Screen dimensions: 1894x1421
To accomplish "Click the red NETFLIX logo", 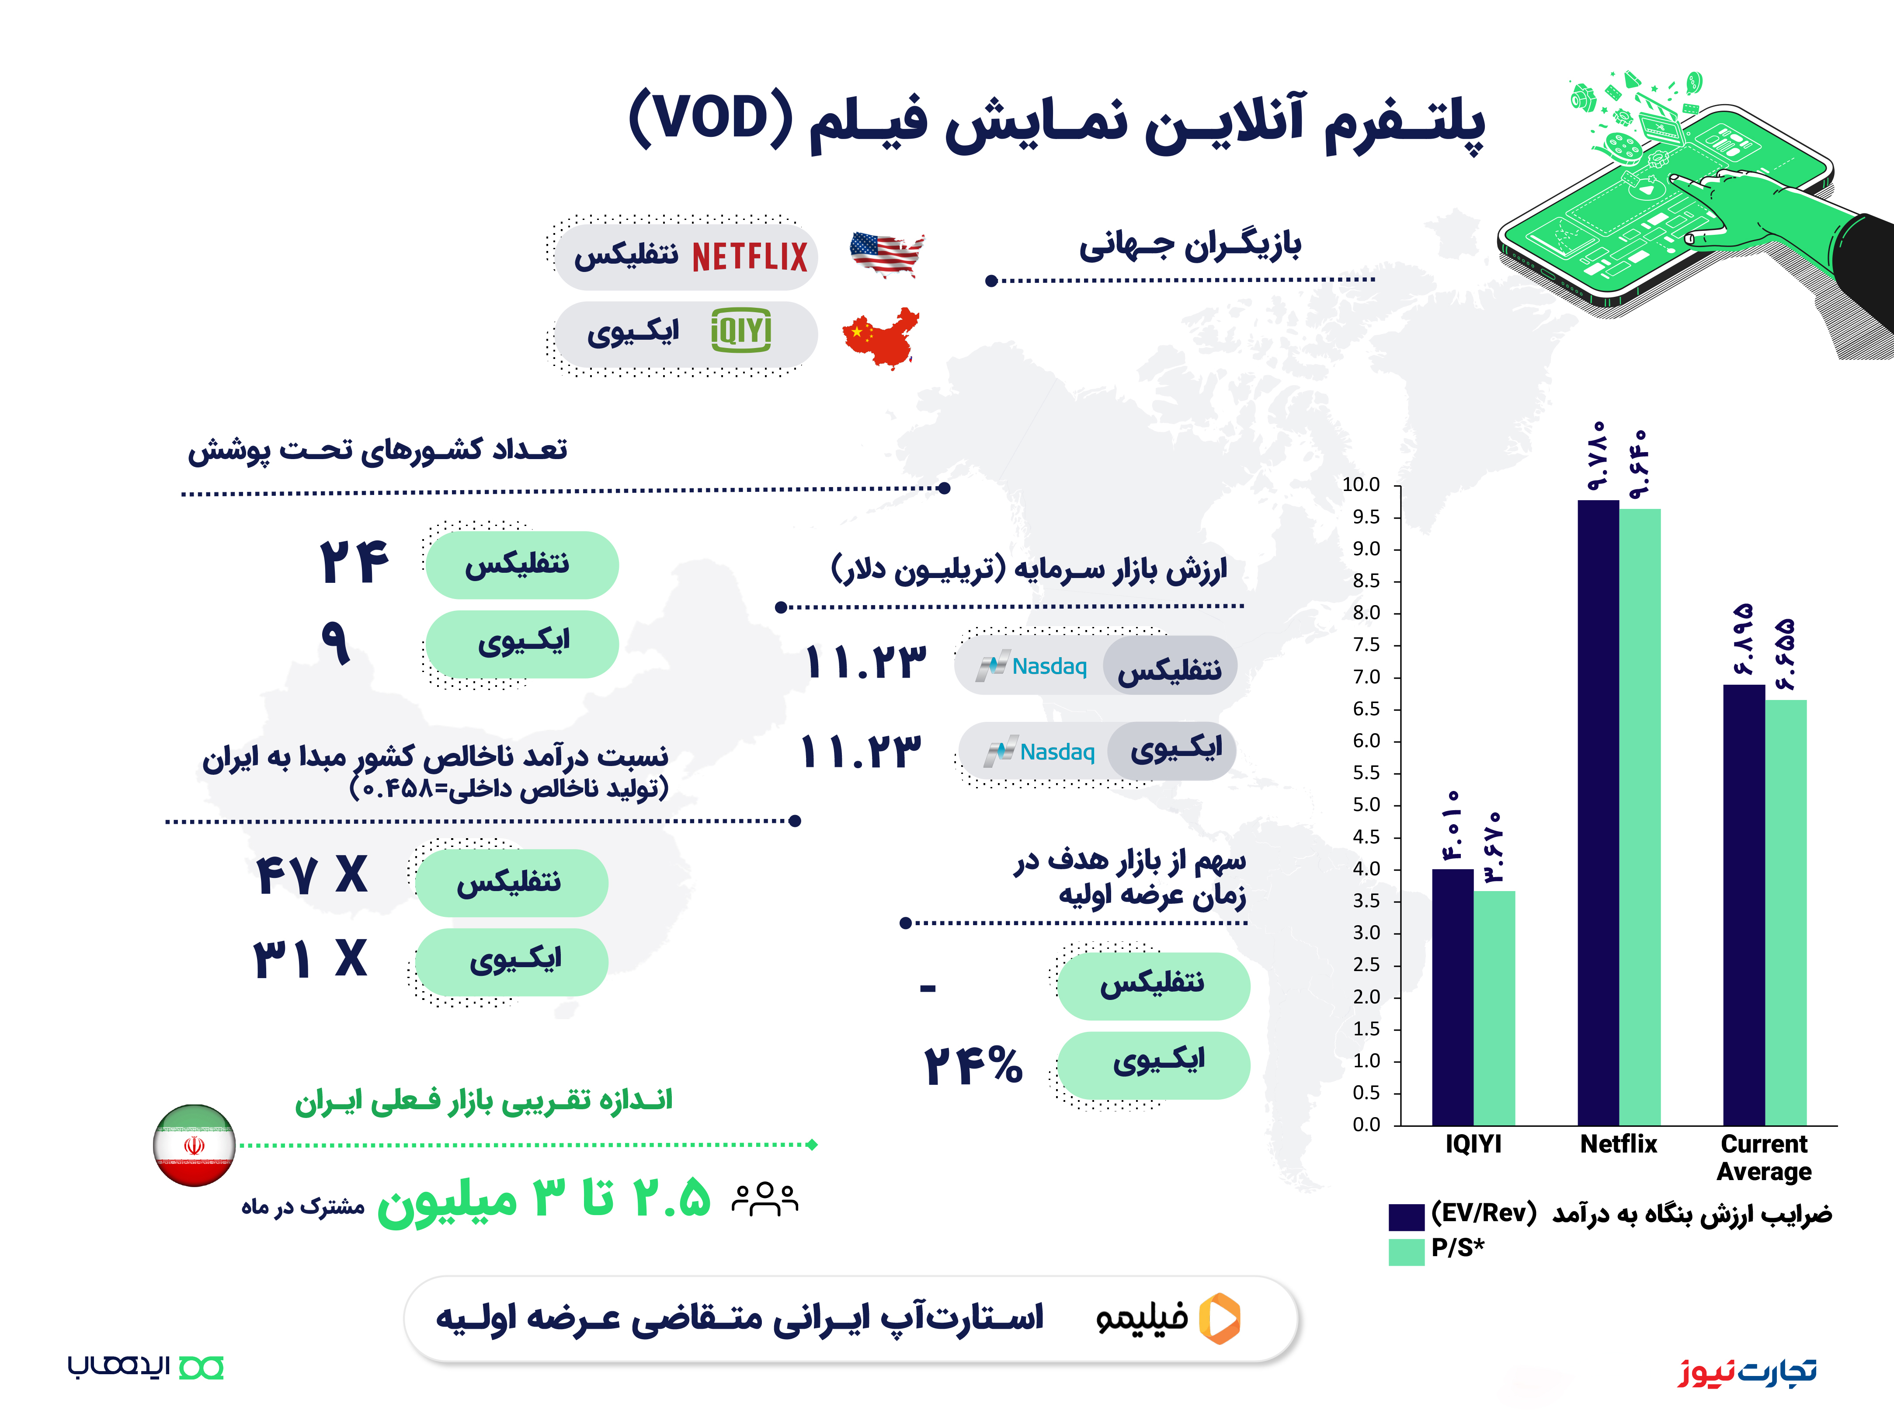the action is [x=749, y=256].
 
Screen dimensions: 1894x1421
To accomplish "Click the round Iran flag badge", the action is [x=195, y=1145].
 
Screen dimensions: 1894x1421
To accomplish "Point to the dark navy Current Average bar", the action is [x=1744, y=905].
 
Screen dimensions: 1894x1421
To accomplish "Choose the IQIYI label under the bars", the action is [x=1473, y=1144].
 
